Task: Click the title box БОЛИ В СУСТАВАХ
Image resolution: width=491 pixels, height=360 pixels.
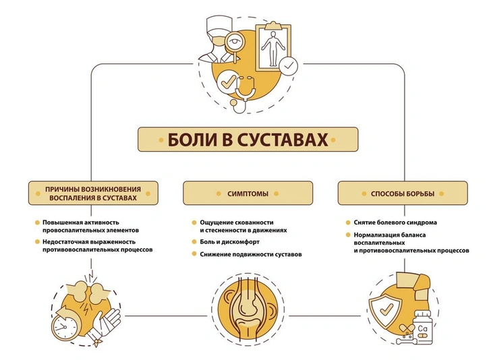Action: tap(248, 140)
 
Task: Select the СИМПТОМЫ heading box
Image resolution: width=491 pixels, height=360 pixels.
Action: tap(248, 193)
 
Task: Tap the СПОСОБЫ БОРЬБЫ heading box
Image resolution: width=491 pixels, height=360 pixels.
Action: tap(403, 193)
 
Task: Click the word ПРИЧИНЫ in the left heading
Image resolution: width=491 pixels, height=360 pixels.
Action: tap(61, 189)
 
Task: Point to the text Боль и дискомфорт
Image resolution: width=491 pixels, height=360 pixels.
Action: tap(229, 241)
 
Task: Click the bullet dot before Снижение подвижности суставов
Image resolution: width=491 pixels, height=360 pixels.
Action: tap(194, 254)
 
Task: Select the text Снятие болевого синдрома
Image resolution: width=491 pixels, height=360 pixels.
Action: tap(395, 222)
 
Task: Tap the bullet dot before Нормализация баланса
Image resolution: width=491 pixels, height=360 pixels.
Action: tap(348, 235)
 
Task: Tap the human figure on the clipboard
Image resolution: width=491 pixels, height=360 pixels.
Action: tap(273, 47)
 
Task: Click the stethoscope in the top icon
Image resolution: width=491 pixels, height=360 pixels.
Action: tap(243, 93)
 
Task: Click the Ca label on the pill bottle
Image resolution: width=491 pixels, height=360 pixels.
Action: tap(422, 329)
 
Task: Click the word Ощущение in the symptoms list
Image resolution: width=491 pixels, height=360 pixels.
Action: tap(214, 222)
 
